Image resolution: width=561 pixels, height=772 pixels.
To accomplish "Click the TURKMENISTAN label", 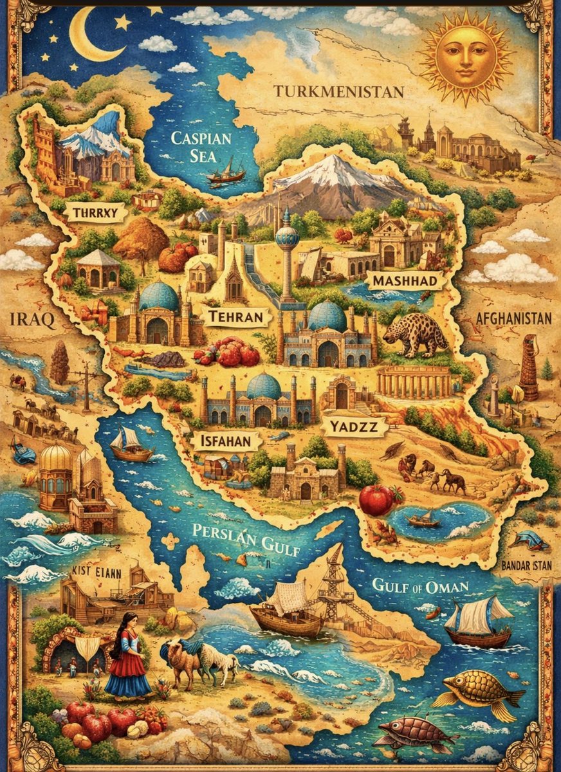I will (339, 91).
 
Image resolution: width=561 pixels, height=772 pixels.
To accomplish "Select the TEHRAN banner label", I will (235, 317).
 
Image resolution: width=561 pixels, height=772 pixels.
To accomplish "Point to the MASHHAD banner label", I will (405, 281).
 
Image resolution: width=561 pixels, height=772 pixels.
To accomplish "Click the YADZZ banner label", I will (354, 425).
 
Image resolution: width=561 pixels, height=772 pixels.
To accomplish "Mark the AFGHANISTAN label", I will (513, 318).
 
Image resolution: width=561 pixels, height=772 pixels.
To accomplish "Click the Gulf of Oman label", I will (421, 586).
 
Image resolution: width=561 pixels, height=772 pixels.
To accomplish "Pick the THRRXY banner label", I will (96, 212).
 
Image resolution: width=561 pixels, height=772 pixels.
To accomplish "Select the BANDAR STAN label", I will (526, 567).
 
